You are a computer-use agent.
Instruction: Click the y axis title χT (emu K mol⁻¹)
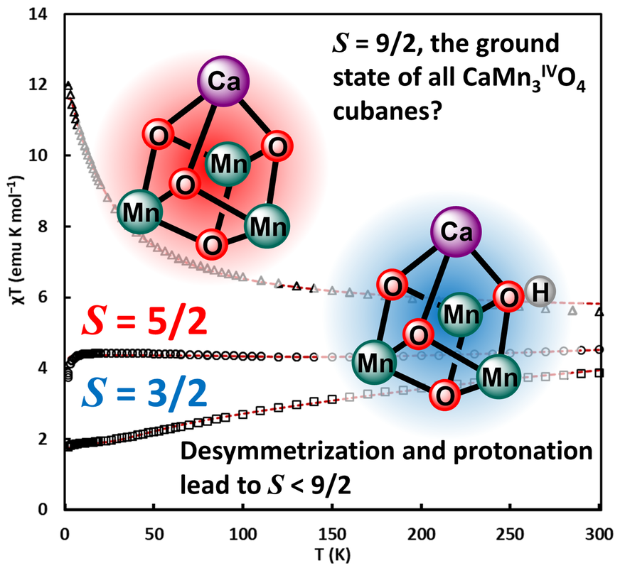coord(14,262)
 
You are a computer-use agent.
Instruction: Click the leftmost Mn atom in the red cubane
coord(139,211)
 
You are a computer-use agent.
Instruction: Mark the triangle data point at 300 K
coord(599,312)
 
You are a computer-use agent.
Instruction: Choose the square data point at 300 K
coord(599,373)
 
